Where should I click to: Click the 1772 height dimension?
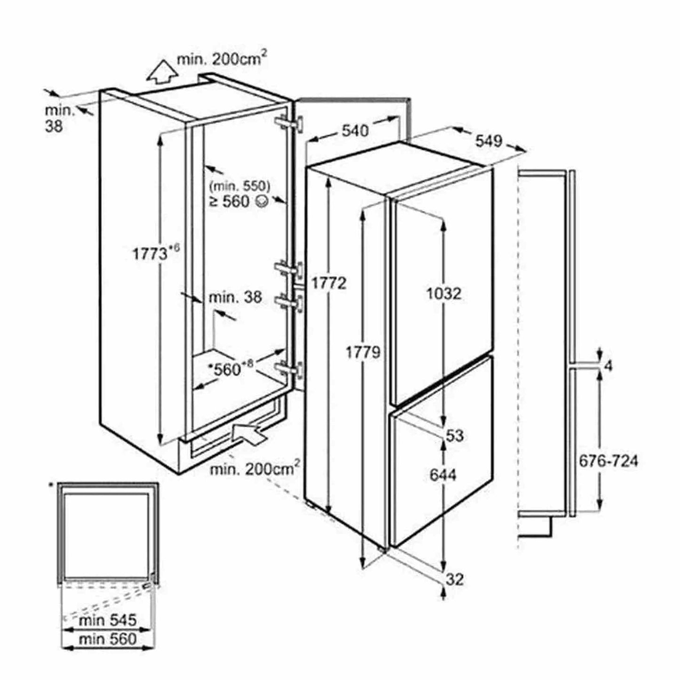(x=328, y=283)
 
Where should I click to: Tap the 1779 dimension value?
(x=363, y=352)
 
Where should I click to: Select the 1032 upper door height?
(x=443, y=294)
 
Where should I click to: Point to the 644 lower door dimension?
(x=443, y=475)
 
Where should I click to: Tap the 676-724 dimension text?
(x=608, y=461)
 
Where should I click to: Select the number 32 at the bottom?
(x=455, y=579)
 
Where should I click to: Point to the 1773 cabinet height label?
(x=150, y=254)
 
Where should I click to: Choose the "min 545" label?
(x=108, y=620)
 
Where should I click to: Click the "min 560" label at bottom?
(x=108, y=639)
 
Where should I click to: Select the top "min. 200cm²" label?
(x=222, y=58)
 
